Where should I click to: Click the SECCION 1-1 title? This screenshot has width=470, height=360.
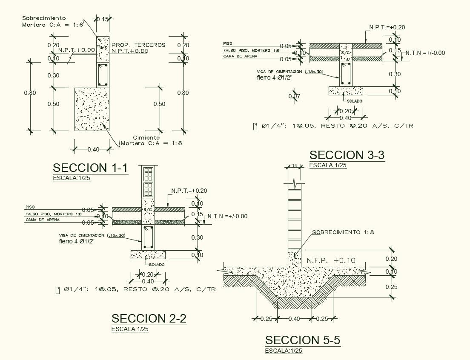(x=90, y=168)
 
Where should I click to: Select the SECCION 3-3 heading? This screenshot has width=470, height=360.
(x=347, y=155)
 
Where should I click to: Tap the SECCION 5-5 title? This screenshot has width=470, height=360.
(x=303, y=340)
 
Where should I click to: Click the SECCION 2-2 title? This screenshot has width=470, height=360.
(x=149, y=318)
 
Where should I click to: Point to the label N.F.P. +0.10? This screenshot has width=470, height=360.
(x=331, y=260)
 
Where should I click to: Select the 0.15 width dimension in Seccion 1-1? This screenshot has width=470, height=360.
(x=102, y=19)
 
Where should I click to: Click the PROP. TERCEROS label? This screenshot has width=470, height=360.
(x=138, y=45)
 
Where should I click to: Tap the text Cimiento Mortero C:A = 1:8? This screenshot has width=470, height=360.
(x=152, y=140)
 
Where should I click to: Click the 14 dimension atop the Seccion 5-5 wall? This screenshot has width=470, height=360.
(x=294, y=166)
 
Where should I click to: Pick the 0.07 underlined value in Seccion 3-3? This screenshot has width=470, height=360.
(x=294, y=97)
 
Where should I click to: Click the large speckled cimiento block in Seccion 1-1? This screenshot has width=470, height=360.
(x=92, y=109)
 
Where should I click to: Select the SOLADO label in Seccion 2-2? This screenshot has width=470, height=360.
(x=156, y=264)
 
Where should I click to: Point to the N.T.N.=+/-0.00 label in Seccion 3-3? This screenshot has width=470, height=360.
(x=425, y=53)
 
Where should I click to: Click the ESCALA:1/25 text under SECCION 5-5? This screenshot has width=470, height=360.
(x=284, y=351)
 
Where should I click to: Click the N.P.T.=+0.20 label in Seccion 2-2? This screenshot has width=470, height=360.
(x=189, y=191)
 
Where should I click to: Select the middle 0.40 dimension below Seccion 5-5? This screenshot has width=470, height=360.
(x=294, y=319)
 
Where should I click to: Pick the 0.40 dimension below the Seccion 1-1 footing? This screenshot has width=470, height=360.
(x=93, y=149)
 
